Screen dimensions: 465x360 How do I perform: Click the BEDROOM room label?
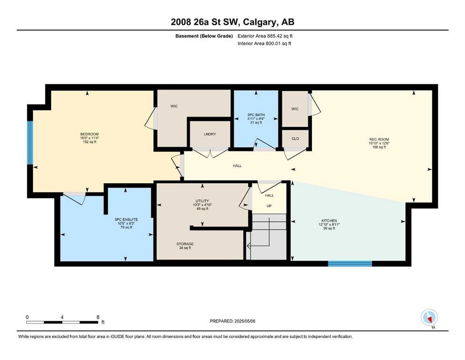coord(89,134)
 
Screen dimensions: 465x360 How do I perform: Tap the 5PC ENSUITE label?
coord(126,220)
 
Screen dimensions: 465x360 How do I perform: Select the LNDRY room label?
coord(210,134)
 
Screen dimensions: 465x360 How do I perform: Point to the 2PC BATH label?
coord(256,115)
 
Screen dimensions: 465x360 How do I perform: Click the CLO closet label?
coord(295,139)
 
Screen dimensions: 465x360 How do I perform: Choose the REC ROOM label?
coord(379,140)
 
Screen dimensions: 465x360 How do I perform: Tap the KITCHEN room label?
coord(329,221)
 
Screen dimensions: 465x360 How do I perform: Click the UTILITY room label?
coord(202,201)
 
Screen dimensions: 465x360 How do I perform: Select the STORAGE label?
coord(185,244)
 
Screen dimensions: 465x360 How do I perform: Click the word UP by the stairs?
coord(269,206)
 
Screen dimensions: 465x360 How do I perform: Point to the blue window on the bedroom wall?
coord(30,142)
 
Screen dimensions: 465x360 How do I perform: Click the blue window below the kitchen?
coord(350,263)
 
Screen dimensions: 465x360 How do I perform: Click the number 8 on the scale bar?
coord(98,317)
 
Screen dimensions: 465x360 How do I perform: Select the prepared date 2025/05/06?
coord(244,321)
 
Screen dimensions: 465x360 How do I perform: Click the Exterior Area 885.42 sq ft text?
coord(265,36)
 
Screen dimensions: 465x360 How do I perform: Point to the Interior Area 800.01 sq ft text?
coord(264,44)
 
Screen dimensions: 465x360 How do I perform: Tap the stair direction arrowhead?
coord(249,246)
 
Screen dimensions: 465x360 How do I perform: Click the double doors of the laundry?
coord(210,153)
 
